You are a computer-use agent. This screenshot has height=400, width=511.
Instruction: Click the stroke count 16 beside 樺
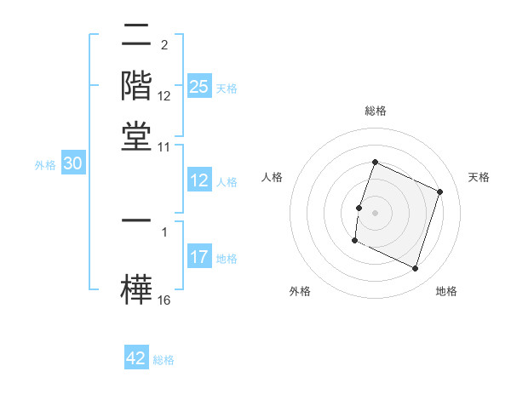164,300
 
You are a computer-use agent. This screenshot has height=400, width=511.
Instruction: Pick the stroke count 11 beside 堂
164,146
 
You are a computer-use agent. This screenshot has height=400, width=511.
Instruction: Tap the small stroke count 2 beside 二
164,45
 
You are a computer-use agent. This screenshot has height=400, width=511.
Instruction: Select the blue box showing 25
198,87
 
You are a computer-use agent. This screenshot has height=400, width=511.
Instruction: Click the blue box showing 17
198,257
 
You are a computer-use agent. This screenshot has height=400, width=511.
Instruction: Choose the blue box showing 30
72,164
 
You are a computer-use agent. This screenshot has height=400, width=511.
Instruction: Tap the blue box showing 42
136,358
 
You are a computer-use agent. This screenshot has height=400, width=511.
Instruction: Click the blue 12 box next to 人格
198,180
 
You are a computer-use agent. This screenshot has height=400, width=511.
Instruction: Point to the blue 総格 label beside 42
164,360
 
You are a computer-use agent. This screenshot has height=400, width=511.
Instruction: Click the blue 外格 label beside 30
44,165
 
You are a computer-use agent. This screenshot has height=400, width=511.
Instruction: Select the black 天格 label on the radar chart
479,177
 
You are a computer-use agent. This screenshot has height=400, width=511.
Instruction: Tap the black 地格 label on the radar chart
446,291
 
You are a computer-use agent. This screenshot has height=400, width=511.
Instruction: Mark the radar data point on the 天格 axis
440,192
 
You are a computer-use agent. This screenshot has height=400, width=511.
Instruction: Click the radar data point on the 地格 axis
416,269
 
